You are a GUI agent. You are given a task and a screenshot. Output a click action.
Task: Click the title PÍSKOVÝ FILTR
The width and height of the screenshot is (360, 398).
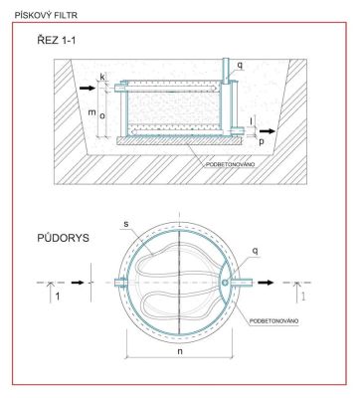(46, 15)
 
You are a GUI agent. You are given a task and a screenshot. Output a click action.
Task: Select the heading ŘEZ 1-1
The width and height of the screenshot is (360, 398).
(57, 40)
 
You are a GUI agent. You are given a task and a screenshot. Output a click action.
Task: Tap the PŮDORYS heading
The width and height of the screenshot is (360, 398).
(63, 238)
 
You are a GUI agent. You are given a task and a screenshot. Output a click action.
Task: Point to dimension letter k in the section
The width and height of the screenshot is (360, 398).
(102, 77)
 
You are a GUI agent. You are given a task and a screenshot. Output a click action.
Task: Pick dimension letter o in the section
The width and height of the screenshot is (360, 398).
(102, 115)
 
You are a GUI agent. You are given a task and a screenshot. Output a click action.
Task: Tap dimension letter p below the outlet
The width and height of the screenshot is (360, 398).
(262, 141)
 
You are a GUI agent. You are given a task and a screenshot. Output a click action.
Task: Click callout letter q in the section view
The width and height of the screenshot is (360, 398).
(240, 66)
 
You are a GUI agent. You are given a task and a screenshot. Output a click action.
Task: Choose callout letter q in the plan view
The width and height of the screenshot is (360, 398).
(256, 251)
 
